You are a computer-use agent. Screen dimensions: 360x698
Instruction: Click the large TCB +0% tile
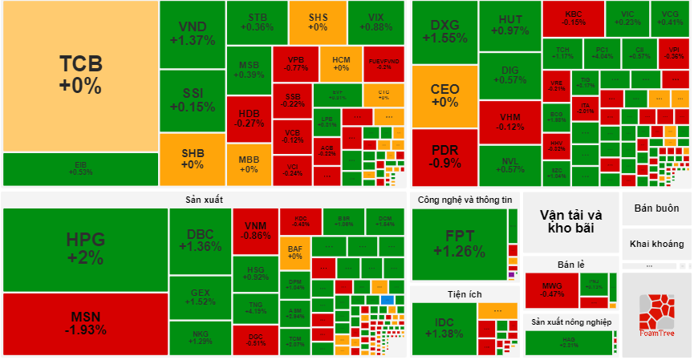[80, 74]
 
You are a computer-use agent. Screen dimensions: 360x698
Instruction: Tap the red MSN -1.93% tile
[85, 323]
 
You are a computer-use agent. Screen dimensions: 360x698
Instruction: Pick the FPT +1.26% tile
[459, 243]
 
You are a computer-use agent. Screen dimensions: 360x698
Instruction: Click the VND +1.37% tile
[192, 34]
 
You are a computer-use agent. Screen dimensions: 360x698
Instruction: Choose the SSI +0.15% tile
[192, 101]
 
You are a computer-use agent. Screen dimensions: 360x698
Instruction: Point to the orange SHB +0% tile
[192, 159]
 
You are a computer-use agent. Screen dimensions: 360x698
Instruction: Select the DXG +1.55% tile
[444, 31]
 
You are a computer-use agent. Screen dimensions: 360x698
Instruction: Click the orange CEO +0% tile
[444, 95]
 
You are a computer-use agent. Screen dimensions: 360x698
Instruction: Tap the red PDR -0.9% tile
[444, 156]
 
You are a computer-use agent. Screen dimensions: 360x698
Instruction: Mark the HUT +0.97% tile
[509, 25]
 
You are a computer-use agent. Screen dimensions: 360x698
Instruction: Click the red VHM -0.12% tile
[509, 121]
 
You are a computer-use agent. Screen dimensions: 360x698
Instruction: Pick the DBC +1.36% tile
[199, 240]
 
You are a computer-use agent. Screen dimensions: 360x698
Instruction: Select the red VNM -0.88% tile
[255, 230]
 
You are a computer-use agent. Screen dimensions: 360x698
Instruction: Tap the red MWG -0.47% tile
[551, 289]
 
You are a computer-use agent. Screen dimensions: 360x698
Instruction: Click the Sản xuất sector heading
[203, 199]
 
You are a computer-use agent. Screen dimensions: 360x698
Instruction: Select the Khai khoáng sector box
[655, 244]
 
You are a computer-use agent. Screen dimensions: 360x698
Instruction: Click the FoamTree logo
[655, 314]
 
